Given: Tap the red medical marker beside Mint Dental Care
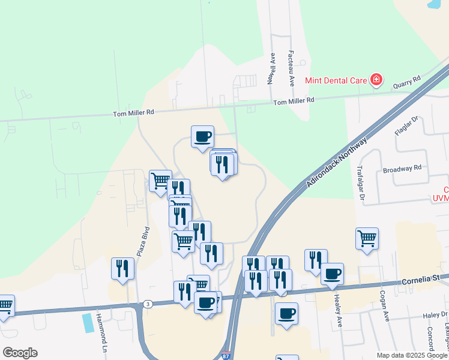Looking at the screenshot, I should coord(376,79).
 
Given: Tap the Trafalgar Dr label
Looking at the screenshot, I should coord(362,183).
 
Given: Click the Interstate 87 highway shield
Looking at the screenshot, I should coord(226,356).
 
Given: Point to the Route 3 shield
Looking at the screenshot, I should coord(148,304).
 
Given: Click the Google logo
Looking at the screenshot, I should coord(20,353).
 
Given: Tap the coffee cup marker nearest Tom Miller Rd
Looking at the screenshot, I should coord(202,136).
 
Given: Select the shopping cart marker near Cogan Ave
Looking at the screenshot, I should coord(367,238).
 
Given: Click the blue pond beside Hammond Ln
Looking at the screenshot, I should coord(88,323).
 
